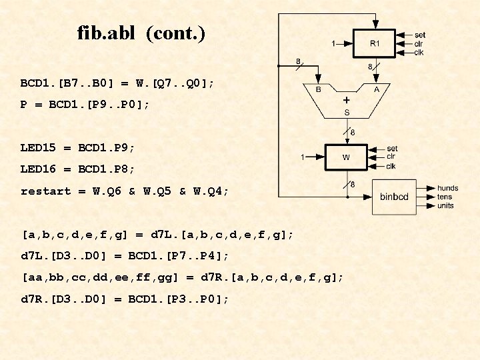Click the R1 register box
[x=374, y=43]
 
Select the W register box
[x=346, y=157]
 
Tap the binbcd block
[x=394, y=197]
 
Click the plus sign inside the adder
[x=347, y=99]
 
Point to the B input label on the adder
[x=318, y=89]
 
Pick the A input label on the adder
[x=377, y=89]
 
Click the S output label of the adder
[x=347, y=112]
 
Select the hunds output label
[x=447, y=189]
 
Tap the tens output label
[x=445, y=197]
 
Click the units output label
[x=445, y=205]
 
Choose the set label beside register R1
[x=420, y=35]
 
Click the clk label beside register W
[x=391, y=166]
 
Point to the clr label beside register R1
[x=419, y=43]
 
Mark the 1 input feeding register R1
[x=333, y=44]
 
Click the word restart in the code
[x=45, y=191]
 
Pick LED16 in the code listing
[x=38, y=169]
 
